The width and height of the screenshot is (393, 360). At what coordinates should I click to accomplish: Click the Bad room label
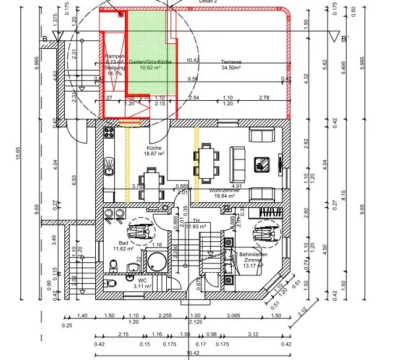coord(123,243)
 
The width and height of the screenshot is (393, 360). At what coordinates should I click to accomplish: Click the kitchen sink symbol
coord(110,165)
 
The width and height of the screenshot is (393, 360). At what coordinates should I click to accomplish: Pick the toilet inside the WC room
coord(111,283)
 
